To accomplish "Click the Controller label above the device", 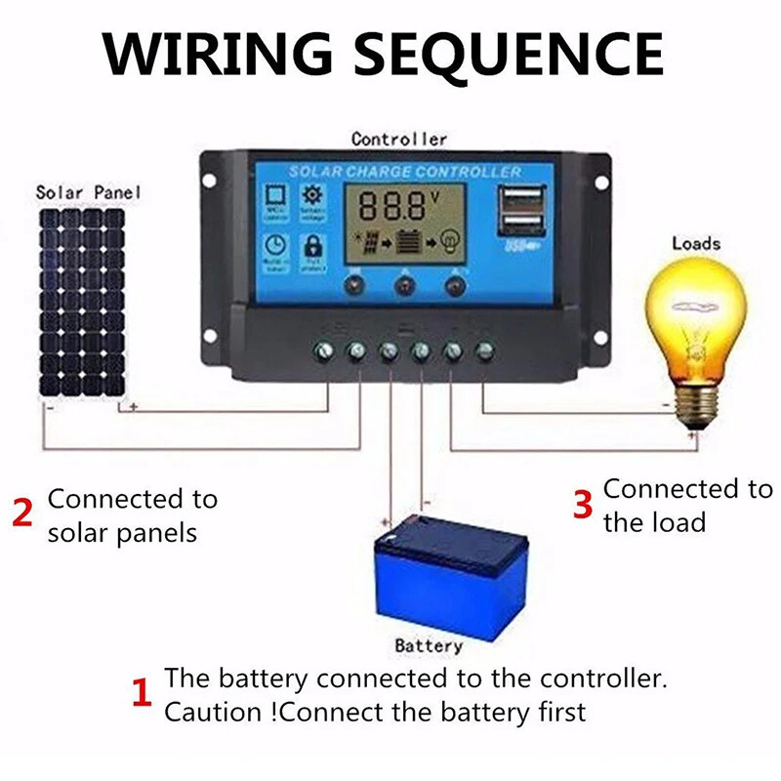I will (399, 140).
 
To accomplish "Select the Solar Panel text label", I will (88, 192).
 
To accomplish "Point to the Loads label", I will (696, 243).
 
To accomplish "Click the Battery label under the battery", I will (429, 646).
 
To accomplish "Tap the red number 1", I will (142, 694).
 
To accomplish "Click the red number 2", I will (22, 513).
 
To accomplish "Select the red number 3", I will (583, 505).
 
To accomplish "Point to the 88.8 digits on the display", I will (388, 206).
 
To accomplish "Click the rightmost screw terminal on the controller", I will (483, 349).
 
